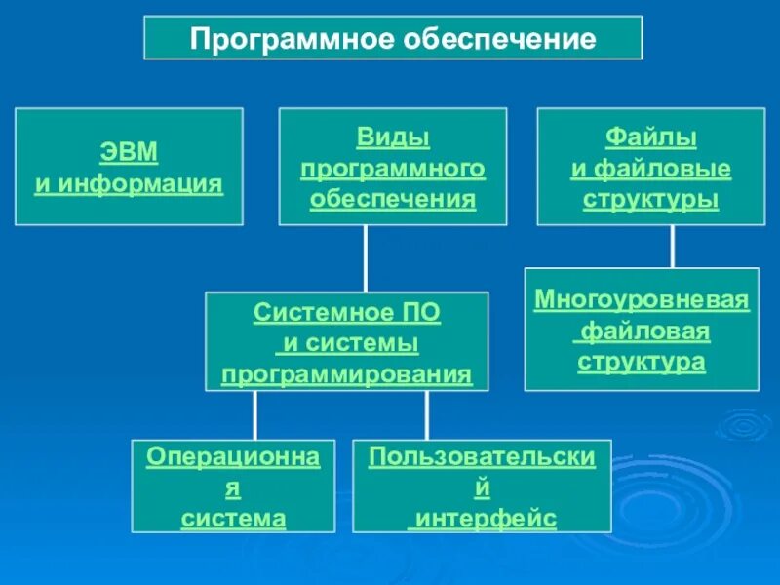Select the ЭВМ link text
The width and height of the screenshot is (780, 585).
[x=129, y=153]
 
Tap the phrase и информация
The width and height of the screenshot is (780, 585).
[x=129, y=183]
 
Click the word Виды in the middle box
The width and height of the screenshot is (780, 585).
[x=393, y=137]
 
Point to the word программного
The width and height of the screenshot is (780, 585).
[x=393, y=169]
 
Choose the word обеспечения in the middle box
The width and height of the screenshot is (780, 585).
[x=393, y=200]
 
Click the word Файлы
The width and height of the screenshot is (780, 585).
[x=651, y=137]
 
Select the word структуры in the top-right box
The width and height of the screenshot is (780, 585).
[x=651, y=200]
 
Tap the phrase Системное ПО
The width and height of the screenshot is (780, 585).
[x=347, y=313]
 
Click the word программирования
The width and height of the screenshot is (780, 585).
[x=347, y=375]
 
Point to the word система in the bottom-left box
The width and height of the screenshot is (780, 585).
[x=233, y=518]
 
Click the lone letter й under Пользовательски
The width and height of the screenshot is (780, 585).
[x=482, y=487]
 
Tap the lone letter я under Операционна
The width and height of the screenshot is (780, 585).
[x=233, y=487]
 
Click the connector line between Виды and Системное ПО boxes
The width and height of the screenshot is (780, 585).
[x=366, y=258]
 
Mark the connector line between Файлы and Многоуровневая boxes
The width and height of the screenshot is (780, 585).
[x=672, y=246]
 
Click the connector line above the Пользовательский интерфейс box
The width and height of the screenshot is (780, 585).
[x=427, y=414]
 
